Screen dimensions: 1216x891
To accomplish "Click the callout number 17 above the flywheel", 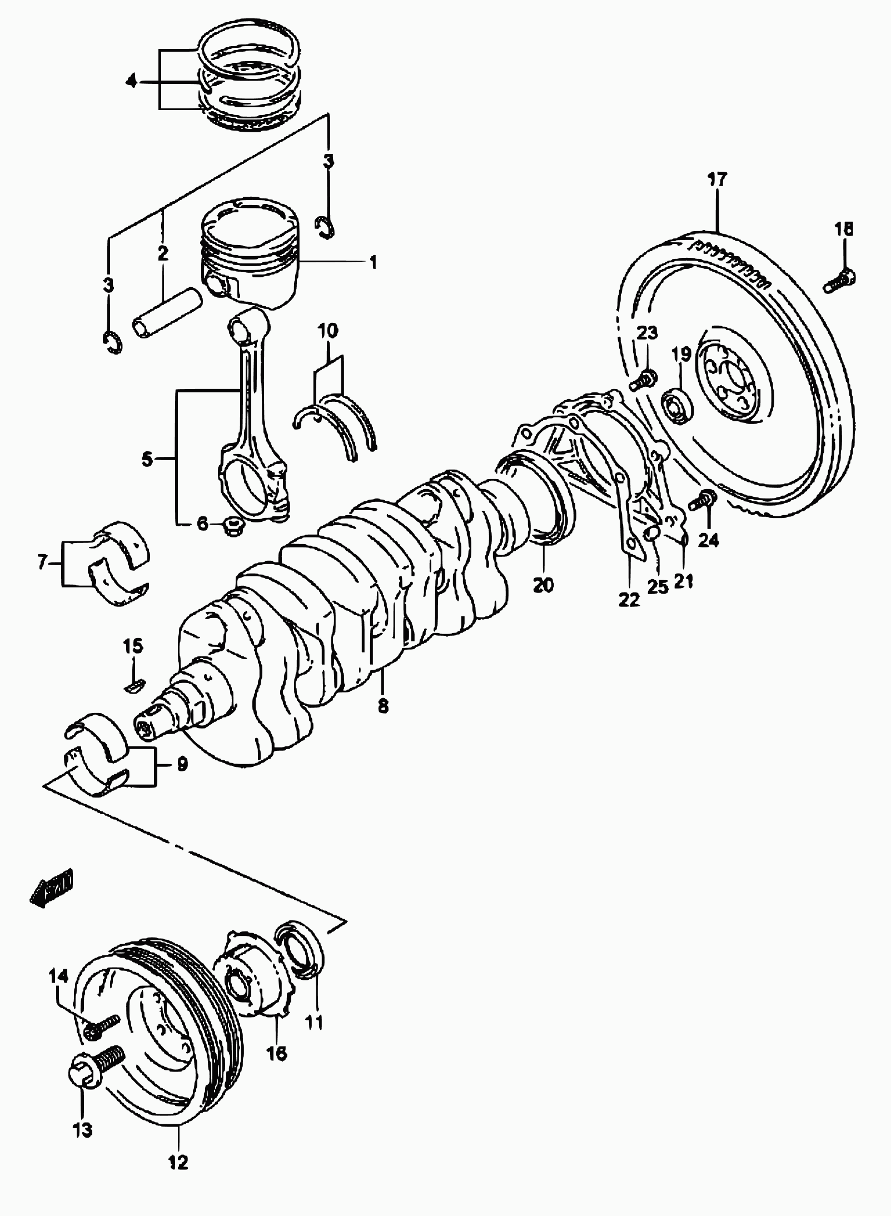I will click(717, 180).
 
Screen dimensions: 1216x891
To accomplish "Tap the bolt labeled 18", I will click(839, 281).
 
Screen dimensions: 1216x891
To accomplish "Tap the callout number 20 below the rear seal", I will click(544, 585).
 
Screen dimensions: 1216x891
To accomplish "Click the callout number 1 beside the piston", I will click(373, 262).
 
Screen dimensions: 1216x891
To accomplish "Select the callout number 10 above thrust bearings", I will click(328, 332).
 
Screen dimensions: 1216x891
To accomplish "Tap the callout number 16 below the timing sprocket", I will click(277, 1053).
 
